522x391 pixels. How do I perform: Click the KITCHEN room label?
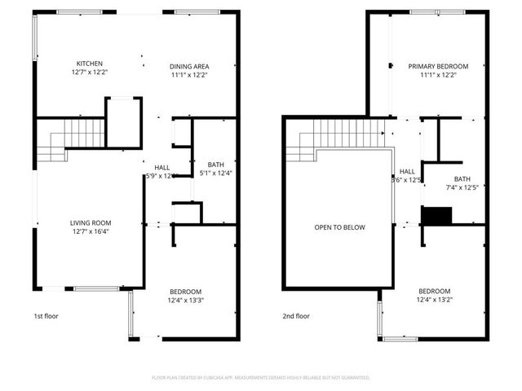click(x=89, y=64)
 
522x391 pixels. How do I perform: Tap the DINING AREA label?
click(x=189, y=66)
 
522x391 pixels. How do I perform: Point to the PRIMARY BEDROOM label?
click(x=439, y=66)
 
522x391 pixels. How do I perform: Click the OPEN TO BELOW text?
click(x=340, y=227)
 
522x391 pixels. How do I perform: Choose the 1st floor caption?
click(x=46, y=316)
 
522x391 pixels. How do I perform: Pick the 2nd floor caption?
click(x=296, y=316)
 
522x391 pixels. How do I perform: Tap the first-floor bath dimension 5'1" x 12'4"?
click(x=216, y=173)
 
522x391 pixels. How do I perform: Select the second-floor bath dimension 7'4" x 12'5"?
click(x=462, y=188)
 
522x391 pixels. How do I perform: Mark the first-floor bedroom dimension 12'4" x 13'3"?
click(x=186, y=301)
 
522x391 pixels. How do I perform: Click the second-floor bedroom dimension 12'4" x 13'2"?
click(x=435, y=301)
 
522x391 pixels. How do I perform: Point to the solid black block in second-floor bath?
click(x=436, y=215)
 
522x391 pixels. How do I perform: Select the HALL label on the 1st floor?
click(x=161, y=167)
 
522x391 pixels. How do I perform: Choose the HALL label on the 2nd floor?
click(x=407, y=171)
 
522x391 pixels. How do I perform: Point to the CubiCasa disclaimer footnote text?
click(x=261, y=378)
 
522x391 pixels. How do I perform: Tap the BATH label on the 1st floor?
click(x=216, y=163)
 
